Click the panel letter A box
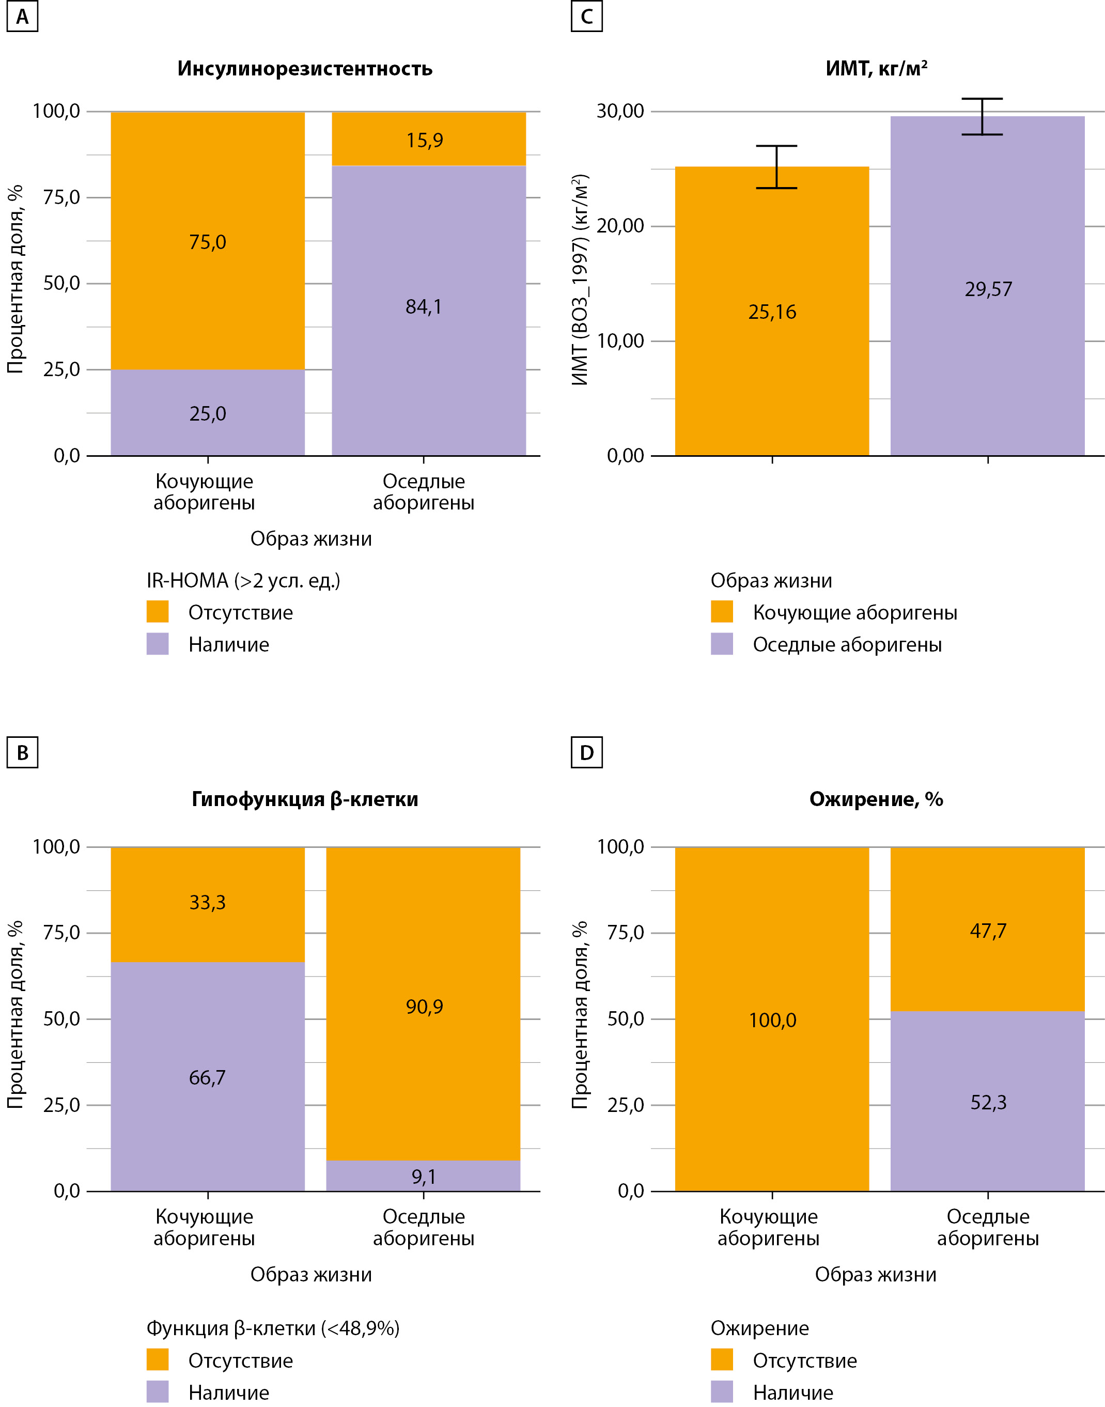[x=22, y=16]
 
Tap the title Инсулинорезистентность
[x=305, y=69]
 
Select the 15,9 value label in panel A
[x=425, y=141]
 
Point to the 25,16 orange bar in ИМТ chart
[x=772, y=362]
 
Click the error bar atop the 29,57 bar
[x=982, y=116]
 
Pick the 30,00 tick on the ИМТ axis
[x=620, y=111]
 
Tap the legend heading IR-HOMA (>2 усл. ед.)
[x=243, y=581]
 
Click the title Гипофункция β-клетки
[x=305, y=799]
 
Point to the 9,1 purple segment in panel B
[x=423, y=1177]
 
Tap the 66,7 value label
[x=207, y=1077]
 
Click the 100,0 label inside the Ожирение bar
[x=772, y=1021]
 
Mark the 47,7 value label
[x=988, y=931]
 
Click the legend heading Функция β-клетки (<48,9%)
[x=273, y=1328]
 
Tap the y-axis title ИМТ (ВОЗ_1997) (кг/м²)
[x=580, y=280]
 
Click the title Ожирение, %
[x=876, y=799]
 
